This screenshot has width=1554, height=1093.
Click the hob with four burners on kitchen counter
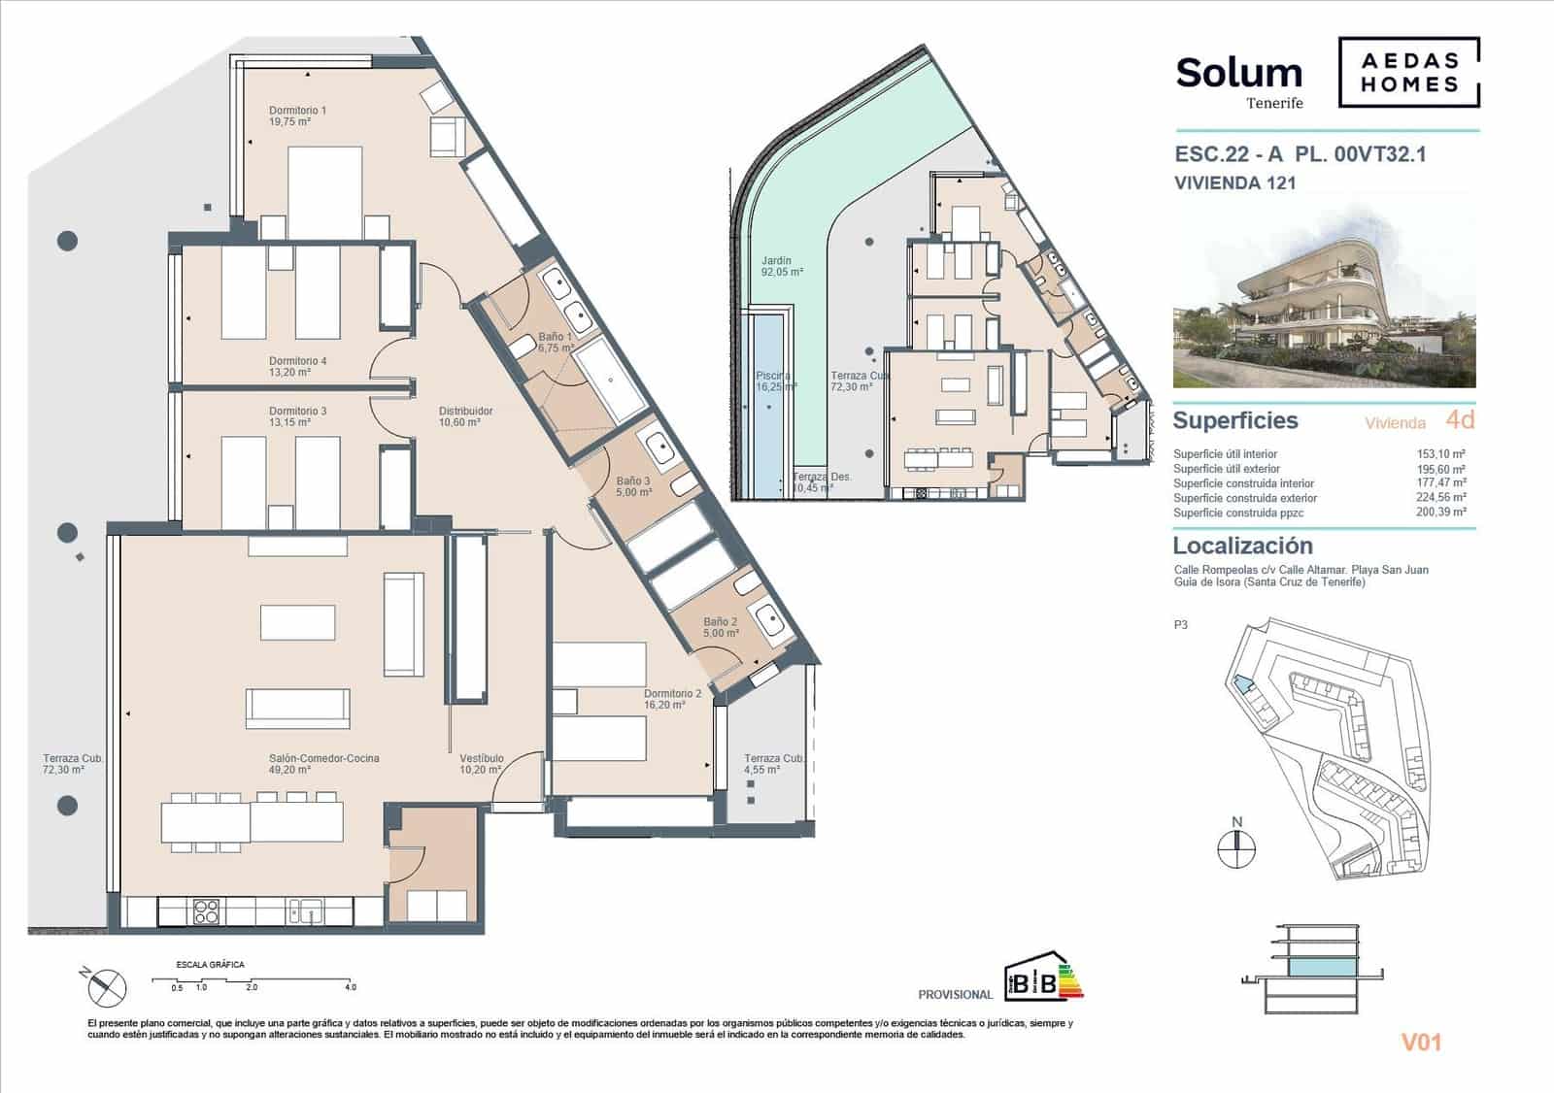[x=206, y=911]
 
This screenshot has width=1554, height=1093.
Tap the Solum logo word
[x=1238, y=73]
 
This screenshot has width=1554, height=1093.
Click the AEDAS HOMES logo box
[x=1409, y=72]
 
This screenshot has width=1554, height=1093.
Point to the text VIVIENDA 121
[x=1234, y=182]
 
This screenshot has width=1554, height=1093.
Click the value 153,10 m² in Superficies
[x=1441, y=453]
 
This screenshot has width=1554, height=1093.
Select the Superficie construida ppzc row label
[x=1238, y=513]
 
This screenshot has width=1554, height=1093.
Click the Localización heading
[x=1242, y=546]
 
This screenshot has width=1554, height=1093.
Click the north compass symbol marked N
[x=1236, y=846]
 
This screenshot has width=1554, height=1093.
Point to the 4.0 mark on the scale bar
[x=350, y=987]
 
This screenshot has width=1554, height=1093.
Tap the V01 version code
[x=1421, y=1043]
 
